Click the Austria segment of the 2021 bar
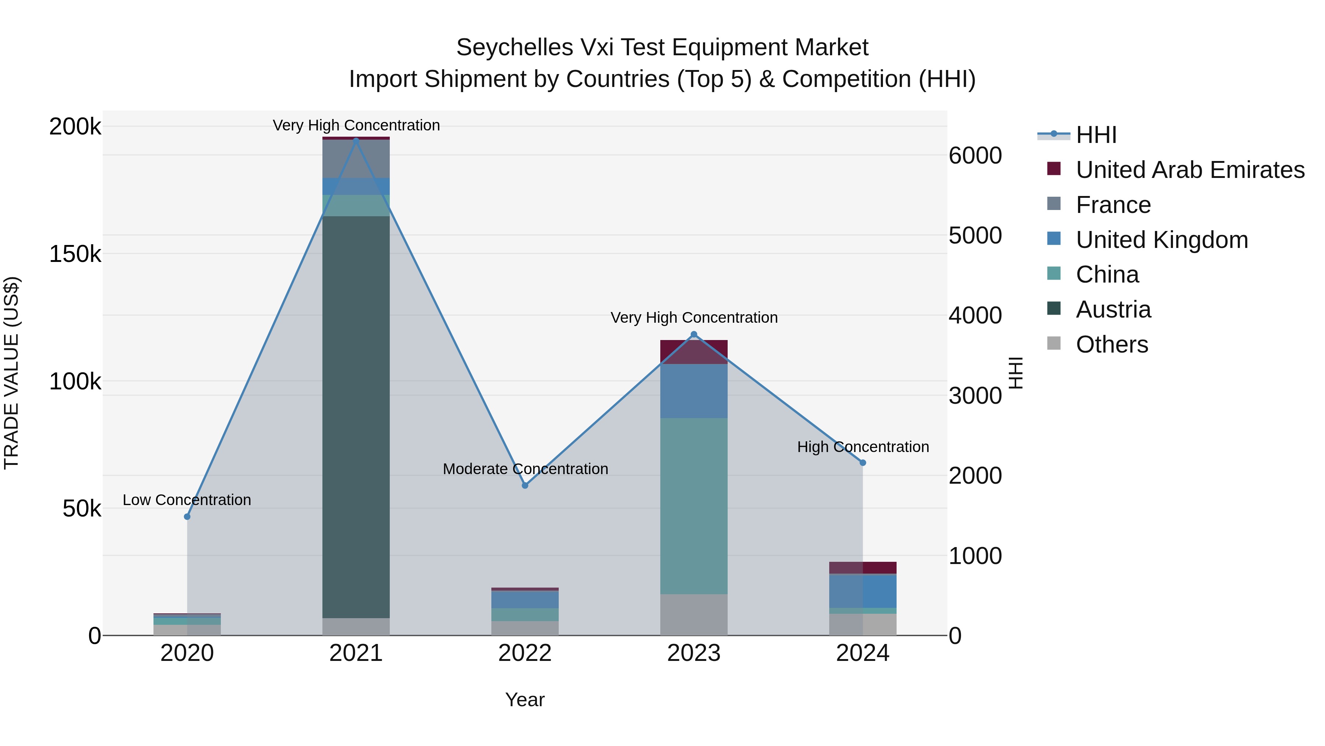coord(356,417)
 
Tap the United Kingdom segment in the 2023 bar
coord(693,391)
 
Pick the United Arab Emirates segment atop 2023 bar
coord(693,352)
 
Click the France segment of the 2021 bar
coord(356,158)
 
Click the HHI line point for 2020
coord(187,516)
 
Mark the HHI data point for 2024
coord(863,463)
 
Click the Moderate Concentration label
coord(525,469)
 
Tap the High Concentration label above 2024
coord(863,447)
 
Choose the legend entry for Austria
coord(1113,309)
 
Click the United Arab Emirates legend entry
coord(1189,170)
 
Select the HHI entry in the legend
coord(1096,135)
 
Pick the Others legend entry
coord(1112,344)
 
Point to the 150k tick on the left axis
coord(75,254)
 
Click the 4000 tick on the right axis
coord(975,316)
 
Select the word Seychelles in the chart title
coord(515,48)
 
